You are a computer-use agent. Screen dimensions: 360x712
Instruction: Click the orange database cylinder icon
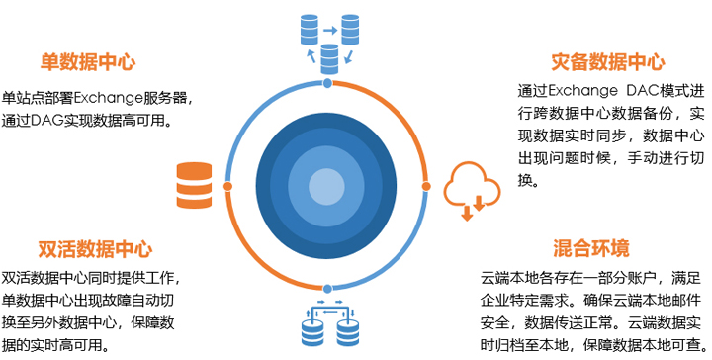[194, 184]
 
